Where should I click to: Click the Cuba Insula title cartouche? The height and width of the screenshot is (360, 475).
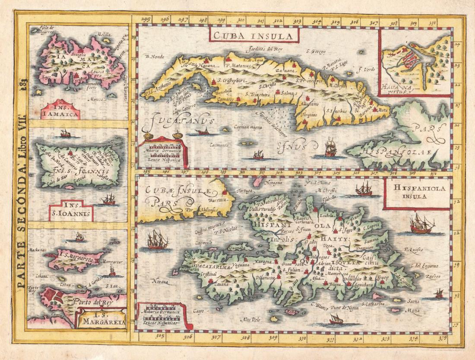(254, 34)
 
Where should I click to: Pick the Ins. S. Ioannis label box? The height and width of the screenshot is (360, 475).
(71, 213)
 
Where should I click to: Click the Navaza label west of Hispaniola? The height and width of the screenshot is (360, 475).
(159, 281)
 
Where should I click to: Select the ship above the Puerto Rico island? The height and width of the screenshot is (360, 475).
(66, 133)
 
